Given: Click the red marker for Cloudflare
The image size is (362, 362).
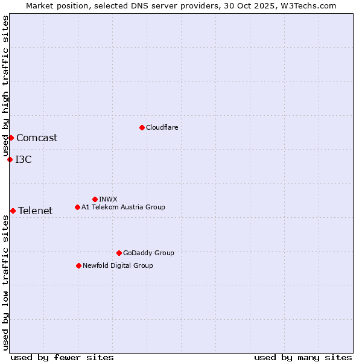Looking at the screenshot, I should [x=142, y=127].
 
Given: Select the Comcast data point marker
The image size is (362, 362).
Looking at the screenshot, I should [x=11, y=138].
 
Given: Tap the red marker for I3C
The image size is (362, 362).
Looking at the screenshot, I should [x=10, y=159].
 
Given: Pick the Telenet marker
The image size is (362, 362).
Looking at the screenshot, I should [x=13, y=211].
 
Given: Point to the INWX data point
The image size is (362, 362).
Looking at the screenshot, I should [x=95, y=199].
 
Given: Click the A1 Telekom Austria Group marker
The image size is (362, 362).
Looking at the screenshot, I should [x=77, y=207].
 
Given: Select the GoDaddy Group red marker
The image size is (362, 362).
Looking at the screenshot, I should [x=119, y=253].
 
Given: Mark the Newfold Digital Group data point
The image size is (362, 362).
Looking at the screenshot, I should [x=78, y=265].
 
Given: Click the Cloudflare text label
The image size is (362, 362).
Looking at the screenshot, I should [x=162, y=127].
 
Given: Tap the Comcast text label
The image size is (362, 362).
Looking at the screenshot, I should [x=37, y=138].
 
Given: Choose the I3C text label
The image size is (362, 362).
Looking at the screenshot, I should [x=24, y=159].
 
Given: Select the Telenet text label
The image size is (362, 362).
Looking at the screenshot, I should [x=35, y=211].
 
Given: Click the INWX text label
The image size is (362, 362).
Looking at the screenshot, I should [x=108, y=199].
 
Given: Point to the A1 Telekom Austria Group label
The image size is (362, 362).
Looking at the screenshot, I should [x=123, y=207].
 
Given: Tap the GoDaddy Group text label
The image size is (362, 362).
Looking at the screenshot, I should [x=148, y=253].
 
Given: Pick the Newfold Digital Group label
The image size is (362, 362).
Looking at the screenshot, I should [x=118, y=265].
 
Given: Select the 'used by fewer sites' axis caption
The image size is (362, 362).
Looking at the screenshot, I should [x=62, y=357].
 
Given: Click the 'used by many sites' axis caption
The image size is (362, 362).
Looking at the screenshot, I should [x=303, y=357].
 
